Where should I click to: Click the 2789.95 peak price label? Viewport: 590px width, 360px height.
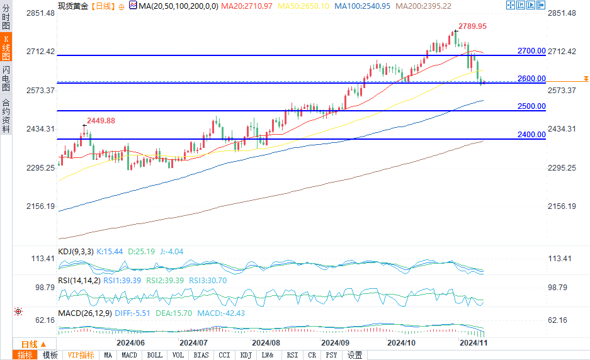point(473,26)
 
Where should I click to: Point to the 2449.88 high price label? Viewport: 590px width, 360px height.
point(101,121)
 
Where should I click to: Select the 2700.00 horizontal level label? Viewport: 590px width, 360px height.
point(531,50)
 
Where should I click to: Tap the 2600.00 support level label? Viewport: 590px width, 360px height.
point(531,79)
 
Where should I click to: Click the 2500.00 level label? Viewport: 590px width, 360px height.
point(531,106)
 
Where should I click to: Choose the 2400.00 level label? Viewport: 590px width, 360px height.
point(531,134)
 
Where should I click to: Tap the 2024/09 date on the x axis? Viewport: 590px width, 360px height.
point(334,343)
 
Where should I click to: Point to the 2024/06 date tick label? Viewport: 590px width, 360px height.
point(131,343)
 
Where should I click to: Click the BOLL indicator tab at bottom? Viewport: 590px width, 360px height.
point(154,355)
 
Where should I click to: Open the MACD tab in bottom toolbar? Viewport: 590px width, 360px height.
point(129,355)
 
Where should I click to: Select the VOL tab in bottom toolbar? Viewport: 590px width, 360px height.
point(178,355)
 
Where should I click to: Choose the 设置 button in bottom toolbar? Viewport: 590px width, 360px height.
point(355,355)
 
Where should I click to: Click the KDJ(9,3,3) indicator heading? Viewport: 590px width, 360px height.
point(75,252)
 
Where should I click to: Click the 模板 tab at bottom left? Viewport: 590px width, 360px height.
point(50,355)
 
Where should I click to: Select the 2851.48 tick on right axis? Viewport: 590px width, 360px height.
point(562,13)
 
